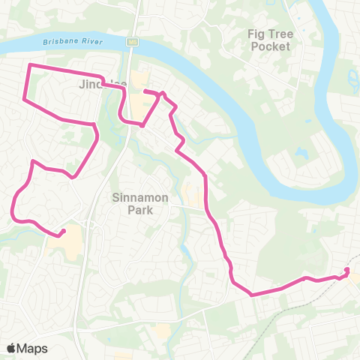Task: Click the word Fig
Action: point(259,34)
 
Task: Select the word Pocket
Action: point(269,46)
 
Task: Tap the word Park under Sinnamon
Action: point(139,211)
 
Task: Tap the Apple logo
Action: point(12,348)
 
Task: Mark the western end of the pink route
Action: point(63,231)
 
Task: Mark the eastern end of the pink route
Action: point(347,270)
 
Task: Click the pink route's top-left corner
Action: point(30,66)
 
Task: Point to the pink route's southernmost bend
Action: point(250,294)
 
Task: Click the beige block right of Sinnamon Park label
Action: point(190,196)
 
